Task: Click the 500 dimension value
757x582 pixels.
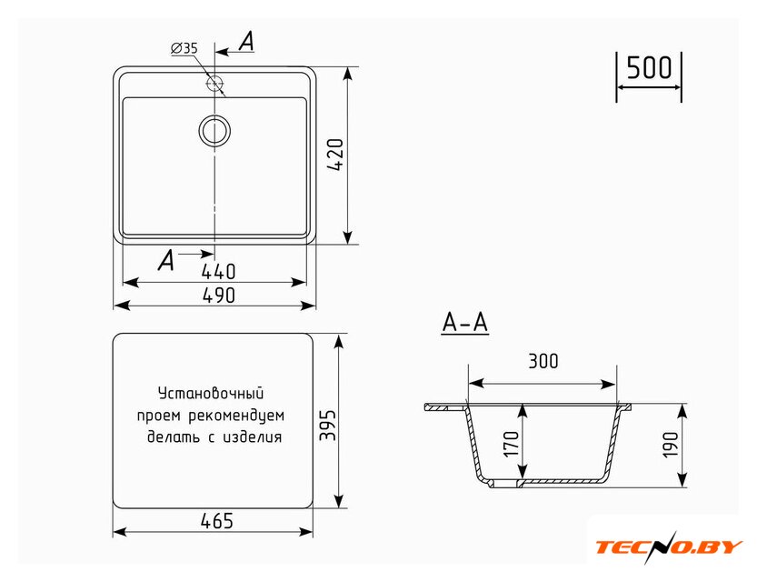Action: click(649, 67)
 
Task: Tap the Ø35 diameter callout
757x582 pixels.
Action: click(184, 48)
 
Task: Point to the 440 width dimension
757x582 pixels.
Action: click(218, 271)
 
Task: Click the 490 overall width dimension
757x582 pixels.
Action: click(218, 296)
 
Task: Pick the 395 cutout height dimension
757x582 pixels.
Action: click(328, 425)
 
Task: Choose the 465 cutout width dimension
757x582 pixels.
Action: click(217, 521)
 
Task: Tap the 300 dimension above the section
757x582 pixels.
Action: click(543, 361)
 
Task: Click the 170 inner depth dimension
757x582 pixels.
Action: click(511, 444)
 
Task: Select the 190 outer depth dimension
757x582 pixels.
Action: click(671, 445)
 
